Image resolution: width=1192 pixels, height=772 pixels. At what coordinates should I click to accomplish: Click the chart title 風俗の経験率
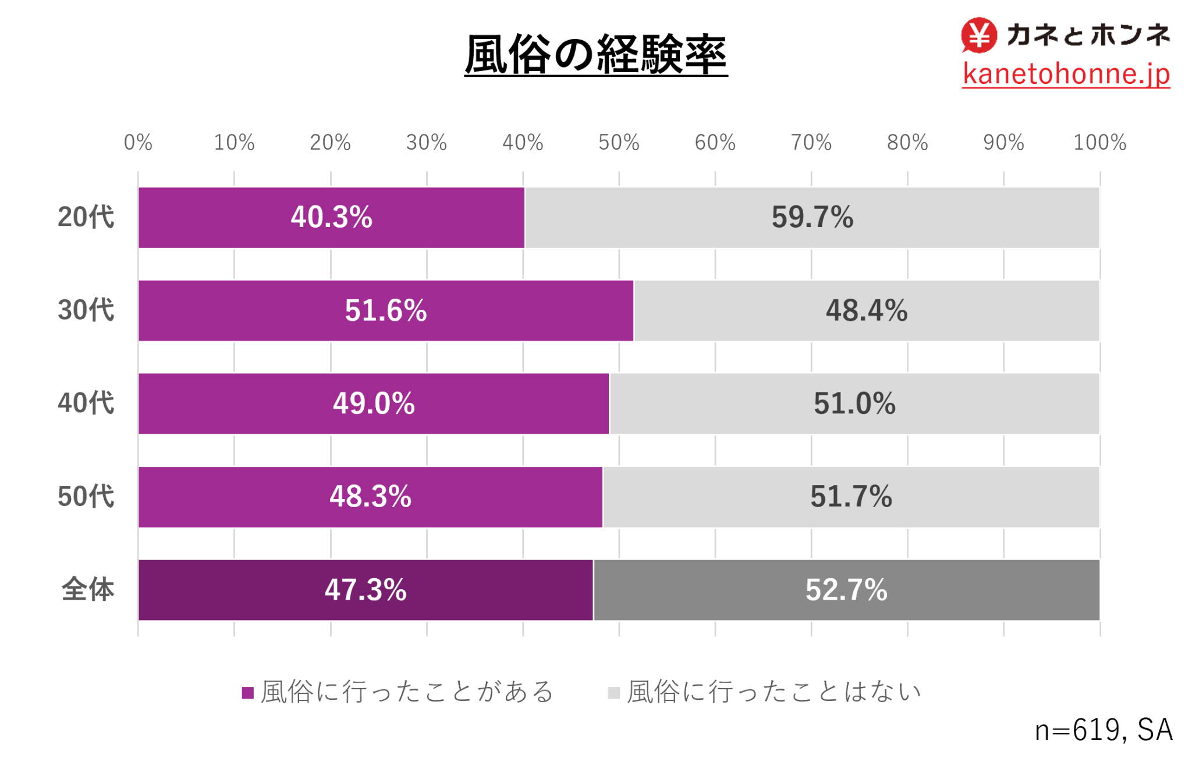(x=595, y=55)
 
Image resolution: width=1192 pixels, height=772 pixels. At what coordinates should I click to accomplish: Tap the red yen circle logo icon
(x=978, y=35)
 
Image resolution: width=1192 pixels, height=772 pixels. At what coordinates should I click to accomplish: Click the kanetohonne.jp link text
(x=1066, y=74)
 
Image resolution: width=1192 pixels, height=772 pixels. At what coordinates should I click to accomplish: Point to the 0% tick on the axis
(x=138, y=143)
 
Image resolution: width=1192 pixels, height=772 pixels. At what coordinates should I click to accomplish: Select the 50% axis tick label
(x=619, y=143)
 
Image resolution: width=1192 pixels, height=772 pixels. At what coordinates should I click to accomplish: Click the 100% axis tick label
(x=1099, y=143)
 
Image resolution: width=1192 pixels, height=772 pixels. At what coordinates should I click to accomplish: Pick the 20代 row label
(x=86, y=217)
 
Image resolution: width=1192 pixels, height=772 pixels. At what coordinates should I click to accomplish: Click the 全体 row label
(x=88, y=590)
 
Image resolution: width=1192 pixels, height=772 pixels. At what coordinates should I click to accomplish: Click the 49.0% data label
(x=374, y=403)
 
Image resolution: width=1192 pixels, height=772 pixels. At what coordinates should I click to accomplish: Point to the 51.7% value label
(x=851, y=497)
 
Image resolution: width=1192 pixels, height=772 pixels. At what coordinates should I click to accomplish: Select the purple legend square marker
(x=248, y=693)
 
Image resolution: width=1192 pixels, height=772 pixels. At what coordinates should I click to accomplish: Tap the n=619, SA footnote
(x=1104, y=730)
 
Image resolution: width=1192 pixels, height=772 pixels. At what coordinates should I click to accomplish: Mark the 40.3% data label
(x=331, y=217)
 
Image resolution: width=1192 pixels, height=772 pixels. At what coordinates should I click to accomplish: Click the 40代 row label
(x=86, y=403)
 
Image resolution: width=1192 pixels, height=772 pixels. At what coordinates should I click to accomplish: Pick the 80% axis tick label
(x=907, y=143)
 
